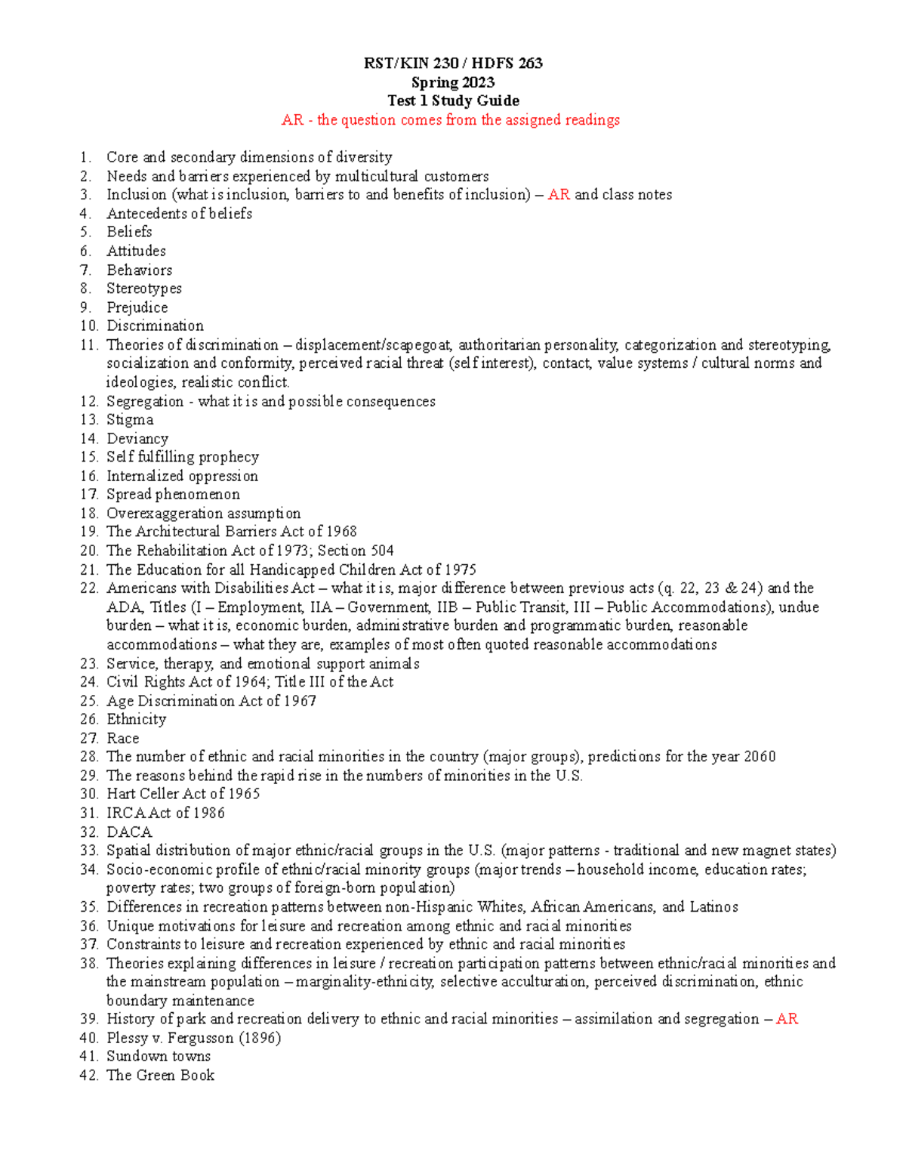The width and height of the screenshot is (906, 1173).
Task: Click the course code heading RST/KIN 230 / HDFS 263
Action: pos(453,63)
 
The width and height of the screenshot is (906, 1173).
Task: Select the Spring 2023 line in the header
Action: pos(453,82)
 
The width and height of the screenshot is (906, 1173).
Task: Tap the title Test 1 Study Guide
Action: pos(453,100)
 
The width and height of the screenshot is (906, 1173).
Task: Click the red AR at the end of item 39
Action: pos(787,1019)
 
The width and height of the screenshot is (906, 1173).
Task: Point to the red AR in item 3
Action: pos(559,195)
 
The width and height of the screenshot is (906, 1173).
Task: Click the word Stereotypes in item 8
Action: pos(143,289)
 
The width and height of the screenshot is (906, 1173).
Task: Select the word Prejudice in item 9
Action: pos(137,307)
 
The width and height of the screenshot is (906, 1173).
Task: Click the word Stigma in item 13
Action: pos(130,420)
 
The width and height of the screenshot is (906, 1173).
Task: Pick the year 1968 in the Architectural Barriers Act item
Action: pos(341,532)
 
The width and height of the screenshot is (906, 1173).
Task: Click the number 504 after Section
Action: pos(381,551)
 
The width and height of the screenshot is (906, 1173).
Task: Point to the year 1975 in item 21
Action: pos(460,570)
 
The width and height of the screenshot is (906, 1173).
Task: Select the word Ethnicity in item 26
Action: pos(136,719)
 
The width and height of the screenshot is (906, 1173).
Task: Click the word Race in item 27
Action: pos(122,738)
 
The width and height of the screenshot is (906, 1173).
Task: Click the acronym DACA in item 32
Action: pos(129,832)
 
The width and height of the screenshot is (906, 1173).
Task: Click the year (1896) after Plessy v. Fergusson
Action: pos(260,1038)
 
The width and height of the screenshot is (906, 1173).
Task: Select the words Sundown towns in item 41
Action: pos(159,1057)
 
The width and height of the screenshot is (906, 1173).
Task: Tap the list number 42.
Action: pos(88,1076)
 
